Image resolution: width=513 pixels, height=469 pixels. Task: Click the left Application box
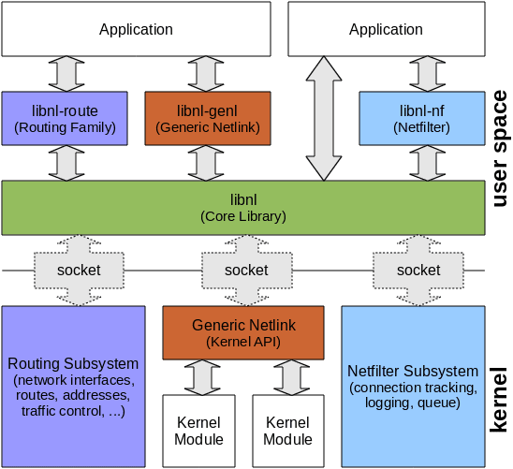[137, 29]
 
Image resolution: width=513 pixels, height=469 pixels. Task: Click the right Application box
[386, 29]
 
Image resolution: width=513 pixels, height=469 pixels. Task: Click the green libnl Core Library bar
[243, 208]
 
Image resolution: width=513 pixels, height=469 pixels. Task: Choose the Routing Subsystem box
[73, 385]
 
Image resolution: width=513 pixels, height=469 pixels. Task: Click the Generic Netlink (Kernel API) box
[243, 332]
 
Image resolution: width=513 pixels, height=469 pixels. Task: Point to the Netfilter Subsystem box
[413, 385]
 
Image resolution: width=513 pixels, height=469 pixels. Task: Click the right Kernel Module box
[287, 432]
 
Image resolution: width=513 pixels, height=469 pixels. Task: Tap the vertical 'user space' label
[499, 148]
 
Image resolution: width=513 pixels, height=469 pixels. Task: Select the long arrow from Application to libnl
[324, 118]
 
